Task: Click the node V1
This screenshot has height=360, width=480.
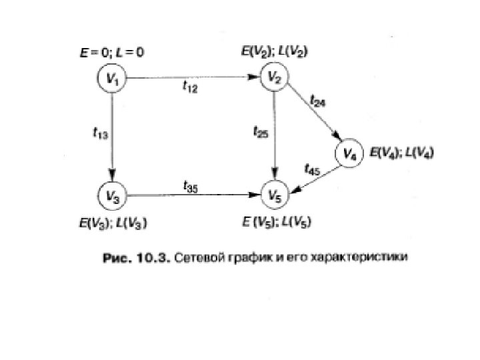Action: [x=112, y=79]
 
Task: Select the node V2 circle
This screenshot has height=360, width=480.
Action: [x=274, y=78]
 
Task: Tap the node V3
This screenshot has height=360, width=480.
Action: [x=111, y=196]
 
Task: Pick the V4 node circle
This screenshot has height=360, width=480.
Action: [x=349, y=154]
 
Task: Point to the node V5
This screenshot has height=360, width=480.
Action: [x=274, y=195]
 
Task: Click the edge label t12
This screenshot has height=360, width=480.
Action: [x=190, y=88]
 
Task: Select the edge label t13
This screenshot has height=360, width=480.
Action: [x=99, y=133]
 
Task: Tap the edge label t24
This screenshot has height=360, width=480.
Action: [x=318, y=101]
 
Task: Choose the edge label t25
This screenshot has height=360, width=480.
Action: [x=261, y=133]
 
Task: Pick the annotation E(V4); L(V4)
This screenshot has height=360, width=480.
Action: [x=402, y=153]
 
